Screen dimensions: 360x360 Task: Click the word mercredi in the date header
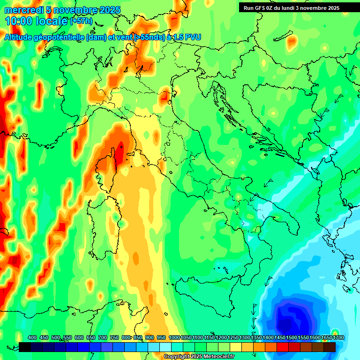tap(21, 10)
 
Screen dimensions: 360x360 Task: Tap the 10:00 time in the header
tap(18, 21)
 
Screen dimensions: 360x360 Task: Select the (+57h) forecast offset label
tap(81, 21)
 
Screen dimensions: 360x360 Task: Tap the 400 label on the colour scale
tap(32, 338)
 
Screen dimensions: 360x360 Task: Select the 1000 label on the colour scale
tap(174, 338)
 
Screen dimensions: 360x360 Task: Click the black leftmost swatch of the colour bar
tap(25, 347)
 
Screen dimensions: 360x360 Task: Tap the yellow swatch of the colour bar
tap(236, 347)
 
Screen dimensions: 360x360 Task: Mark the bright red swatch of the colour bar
tap(283, 347)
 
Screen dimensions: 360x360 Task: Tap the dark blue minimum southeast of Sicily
tap(291, 319)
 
